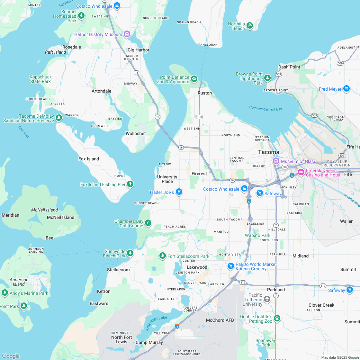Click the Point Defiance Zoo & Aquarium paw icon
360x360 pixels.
194,78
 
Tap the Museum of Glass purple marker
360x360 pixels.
276,161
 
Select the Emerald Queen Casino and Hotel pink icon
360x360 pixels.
301,172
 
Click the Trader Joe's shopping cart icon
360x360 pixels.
179,192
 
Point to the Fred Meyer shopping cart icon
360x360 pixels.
346,88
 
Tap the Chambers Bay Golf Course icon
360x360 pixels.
148,223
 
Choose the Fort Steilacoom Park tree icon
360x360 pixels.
163,256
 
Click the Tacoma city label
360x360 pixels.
269,152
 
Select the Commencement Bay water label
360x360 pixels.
265,109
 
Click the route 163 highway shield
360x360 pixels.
200,117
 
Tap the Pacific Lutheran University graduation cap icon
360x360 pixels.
267,300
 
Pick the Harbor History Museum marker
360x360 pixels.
127,34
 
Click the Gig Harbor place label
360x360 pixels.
139,50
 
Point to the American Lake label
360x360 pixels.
156,323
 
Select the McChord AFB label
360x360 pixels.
220,320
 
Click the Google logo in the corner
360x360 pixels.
11,356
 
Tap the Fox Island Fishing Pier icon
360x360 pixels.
130,184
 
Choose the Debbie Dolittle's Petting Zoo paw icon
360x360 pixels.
277,318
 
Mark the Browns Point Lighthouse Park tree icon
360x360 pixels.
267,78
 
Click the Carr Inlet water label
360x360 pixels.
23,132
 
